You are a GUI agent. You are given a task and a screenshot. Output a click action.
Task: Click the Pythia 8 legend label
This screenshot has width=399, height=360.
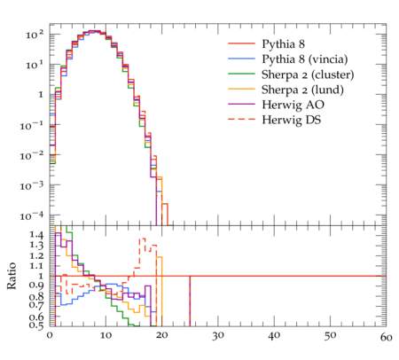283,44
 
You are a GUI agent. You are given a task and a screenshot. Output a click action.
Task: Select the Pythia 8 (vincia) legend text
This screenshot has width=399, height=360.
305,59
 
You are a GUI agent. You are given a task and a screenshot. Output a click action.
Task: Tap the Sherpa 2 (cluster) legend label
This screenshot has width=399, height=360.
308,74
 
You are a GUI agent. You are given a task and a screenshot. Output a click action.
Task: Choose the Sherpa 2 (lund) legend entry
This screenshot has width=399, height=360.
302,90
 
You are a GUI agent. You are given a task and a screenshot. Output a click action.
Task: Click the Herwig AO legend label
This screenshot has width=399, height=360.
293,105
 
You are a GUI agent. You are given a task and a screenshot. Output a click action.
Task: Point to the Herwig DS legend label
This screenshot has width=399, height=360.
292,120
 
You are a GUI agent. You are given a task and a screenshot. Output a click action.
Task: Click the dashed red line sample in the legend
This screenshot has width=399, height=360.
241,119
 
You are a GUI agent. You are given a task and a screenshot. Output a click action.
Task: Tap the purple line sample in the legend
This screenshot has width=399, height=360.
241,104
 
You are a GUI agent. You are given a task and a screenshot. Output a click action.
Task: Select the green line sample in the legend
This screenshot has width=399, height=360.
241,74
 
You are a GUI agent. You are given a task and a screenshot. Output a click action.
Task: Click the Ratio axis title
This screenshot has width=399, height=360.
12,276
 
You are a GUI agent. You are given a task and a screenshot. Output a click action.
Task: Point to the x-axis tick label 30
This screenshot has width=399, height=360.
218,336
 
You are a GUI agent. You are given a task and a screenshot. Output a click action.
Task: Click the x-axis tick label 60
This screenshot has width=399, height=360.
386,337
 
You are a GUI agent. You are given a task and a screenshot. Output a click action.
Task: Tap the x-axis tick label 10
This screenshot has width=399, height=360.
106,335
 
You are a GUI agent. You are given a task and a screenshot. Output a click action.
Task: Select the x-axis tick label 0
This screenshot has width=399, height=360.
50,335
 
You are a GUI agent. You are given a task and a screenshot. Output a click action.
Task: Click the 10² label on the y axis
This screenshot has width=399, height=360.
35,35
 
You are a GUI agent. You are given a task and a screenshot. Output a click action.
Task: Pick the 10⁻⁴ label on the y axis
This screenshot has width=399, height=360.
33,215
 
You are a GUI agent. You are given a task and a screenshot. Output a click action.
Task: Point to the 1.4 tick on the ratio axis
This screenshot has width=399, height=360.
36,235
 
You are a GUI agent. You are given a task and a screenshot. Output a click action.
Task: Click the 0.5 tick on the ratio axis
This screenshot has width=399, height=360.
36,325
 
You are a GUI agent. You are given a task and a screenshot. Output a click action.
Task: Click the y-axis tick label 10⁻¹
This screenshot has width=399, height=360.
33,125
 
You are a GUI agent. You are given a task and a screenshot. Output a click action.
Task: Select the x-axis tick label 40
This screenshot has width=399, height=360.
274,336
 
